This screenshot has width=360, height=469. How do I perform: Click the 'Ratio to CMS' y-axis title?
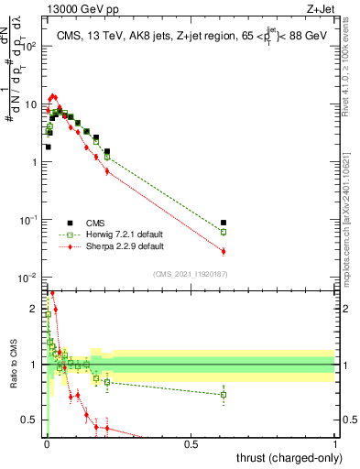coord(13,365)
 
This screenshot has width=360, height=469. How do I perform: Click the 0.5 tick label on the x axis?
coord(191,443)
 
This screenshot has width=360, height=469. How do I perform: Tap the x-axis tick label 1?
coord(335,443)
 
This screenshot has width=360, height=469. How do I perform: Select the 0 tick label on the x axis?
coord(47,443)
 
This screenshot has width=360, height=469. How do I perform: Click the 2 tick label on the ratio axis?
coord(33,309)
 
